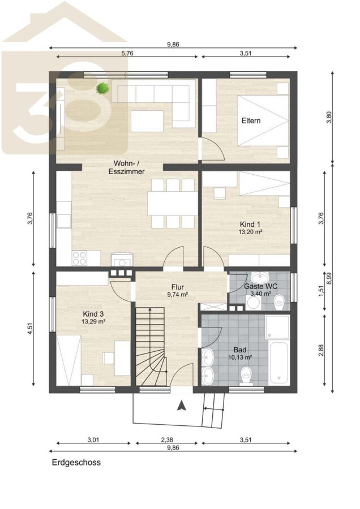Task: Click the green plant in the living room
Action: (102, 88)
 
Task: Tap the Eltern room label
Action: (251, 121)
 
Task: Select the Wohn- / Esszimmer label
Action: (126, 167)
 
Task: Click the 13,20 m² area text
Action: (251, 232)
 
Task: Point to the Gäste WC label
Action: (260, 286)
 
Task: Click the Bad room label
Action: (240, 350)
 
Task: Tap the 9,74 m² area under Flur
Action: (178, 295)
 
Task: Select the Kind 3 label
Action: (93, 314)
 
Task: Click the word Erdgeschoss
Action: (76, 462)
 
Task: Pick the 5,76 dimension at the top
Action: (127, 54)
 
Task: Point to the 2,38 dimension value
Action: (167, 440)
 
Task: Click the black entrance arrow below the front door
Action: (181, 405)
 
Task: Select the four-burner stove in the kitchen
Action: (80, 258)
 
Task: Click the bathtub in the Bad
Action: (280, 363)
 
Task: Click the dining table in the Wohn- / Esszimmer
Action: (173, 204)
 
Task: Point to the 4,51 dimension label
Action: (30, 329)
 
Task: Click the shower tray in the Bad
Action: (277, 326)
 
